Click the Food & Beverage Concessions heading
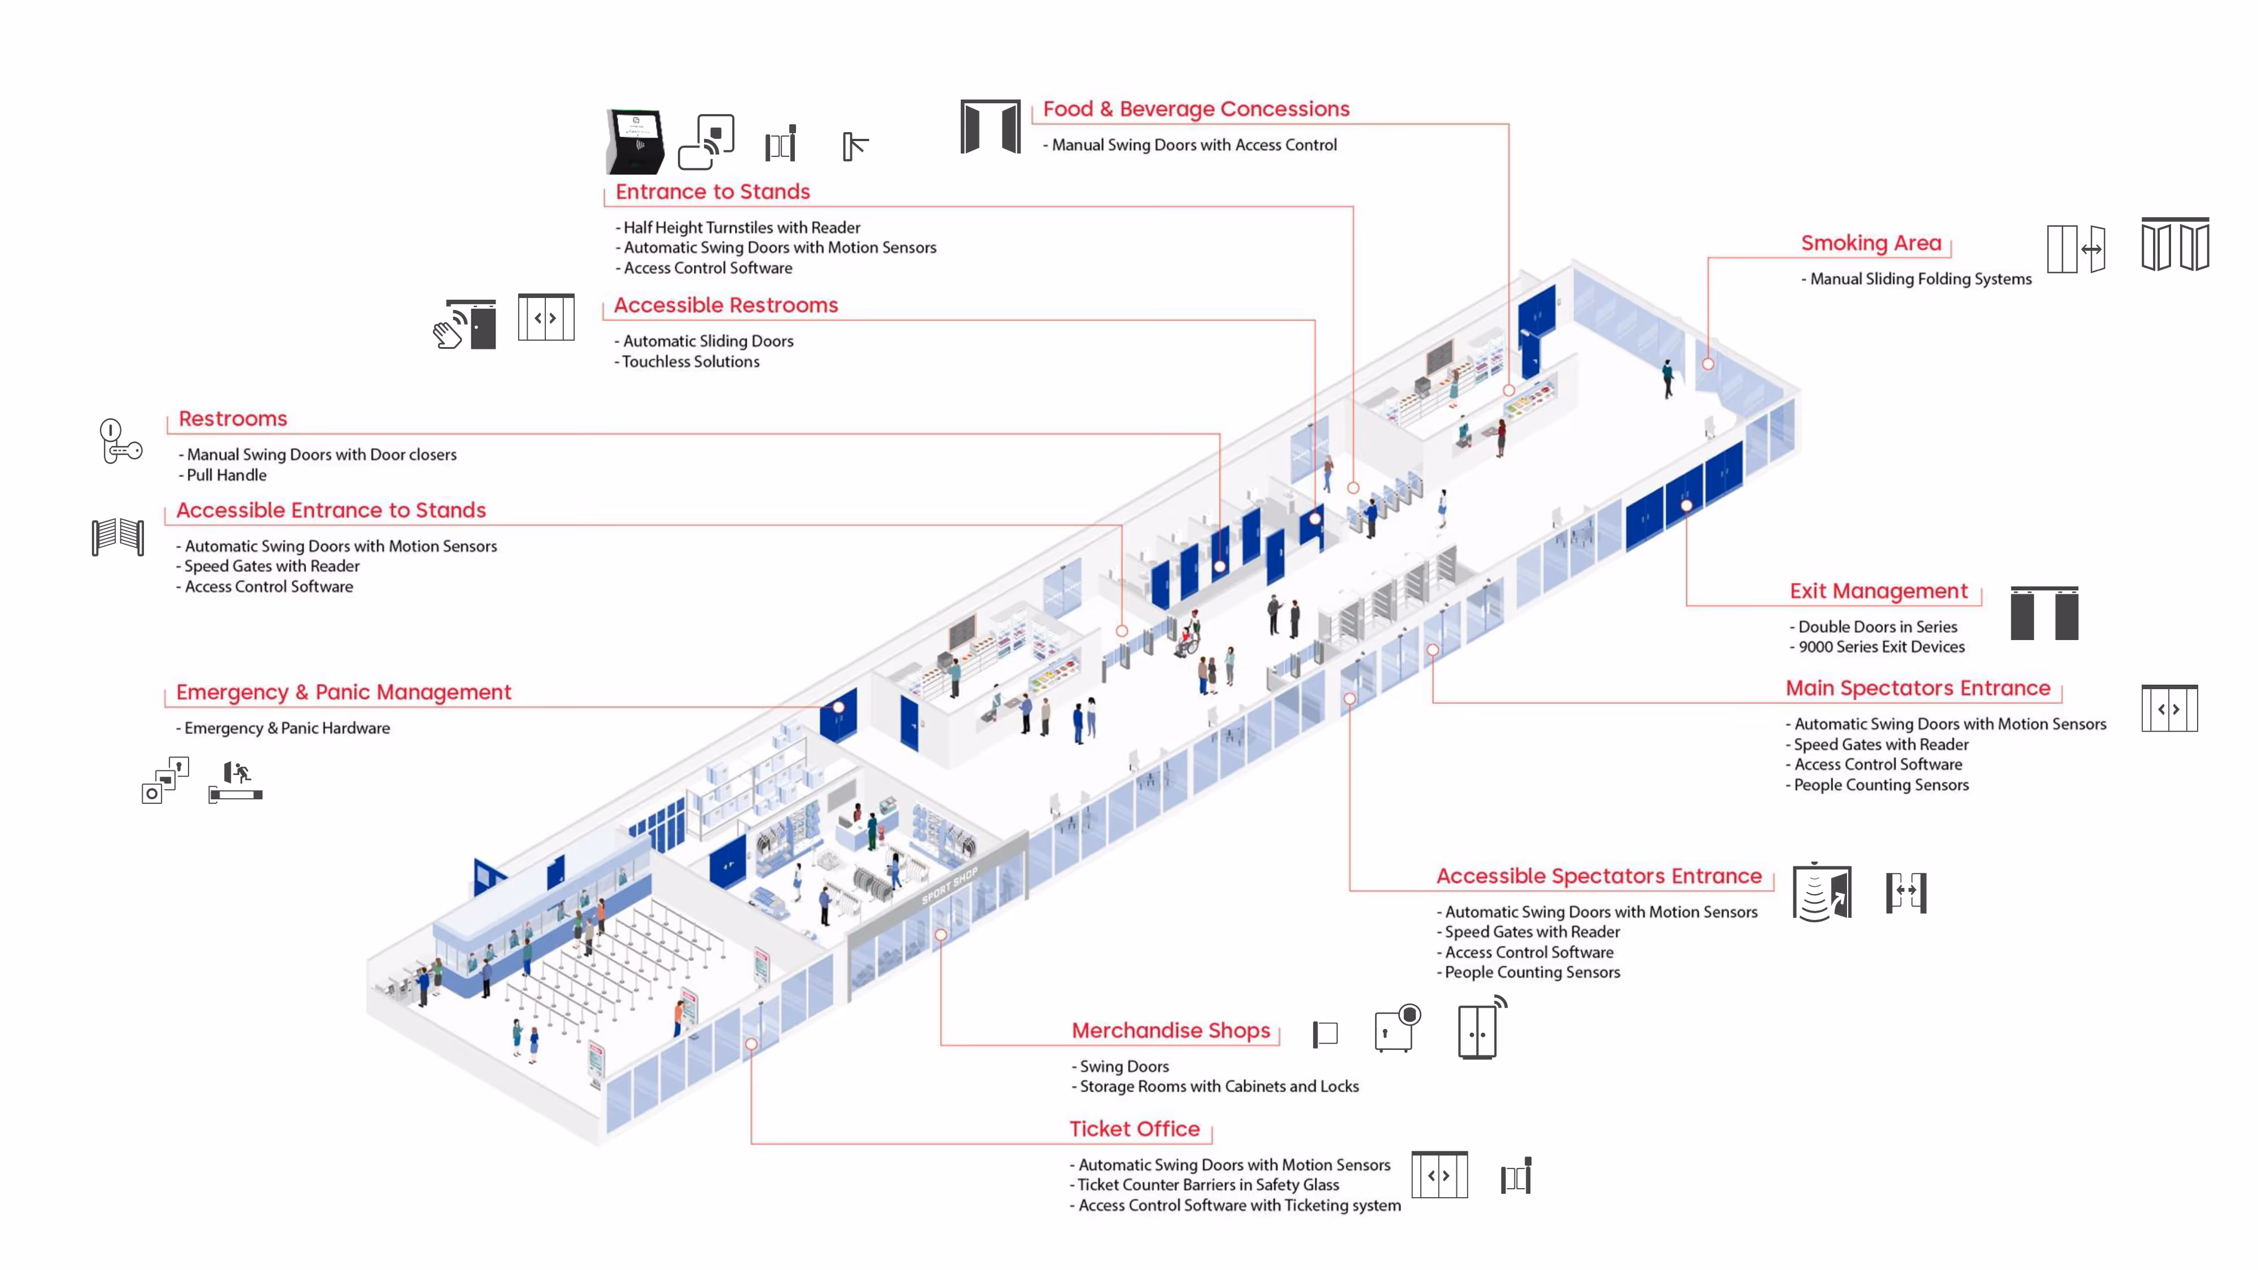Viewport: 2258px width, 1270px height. [1196, 110]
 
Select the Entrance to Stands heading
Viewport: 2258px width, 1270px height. [712, 192]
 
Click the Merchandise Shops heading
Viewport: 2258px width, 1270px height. [1170, 1031]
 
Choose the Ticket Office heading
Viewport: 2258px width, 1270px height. [1134, 1129]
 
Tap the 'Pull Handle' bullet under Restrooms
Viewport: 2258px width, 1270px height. [226, 475]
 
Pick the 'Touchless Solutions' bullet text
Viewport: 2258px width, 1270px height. [691, 362]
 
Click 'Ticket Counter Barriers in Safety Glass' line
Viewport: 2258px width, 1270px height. [1208, 1185]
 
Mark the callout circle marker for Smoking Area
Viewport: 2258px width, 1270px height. [1708, 364]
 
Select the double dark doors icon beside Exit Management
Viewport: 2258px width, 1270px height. [2043, 614]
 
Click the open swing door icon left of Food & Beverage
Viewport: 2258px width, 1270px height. [990, 127]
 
